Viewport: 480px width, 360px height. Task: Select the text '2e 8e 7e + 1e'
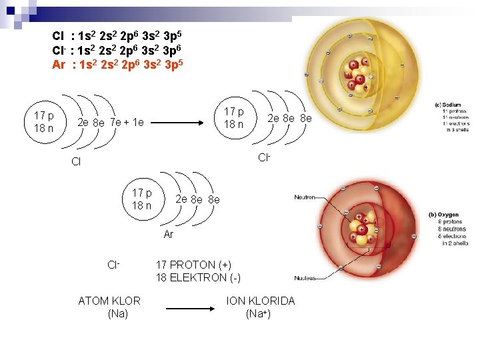click(x=110, y=123)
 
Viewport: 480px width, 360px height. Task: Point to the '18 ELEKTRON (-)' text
click(x=198, y=277)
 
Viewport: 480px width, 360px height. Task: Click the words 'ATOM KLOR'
click(x=109, y=301)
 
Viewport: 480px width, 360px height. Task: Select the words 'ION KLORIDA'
click(x=260, y=301)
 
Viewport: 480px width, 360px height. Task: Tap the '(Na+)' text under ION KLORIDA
click(x=258, y=313)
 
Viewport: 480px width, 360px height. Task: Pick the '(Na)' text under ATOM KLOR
click(x=117, y=313)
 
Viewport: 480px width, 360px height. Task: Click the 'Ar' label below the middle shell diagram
click(x=169, y=235)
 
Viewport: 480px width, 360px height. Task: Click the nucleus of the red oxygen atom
click(x=360, y=230)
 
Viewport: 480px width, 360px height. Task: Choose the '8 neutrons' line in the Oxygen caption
click(x=448, y=229)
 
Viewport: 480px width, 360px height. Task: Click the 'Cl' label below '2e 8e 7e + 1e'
click(x=75, y=162)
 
